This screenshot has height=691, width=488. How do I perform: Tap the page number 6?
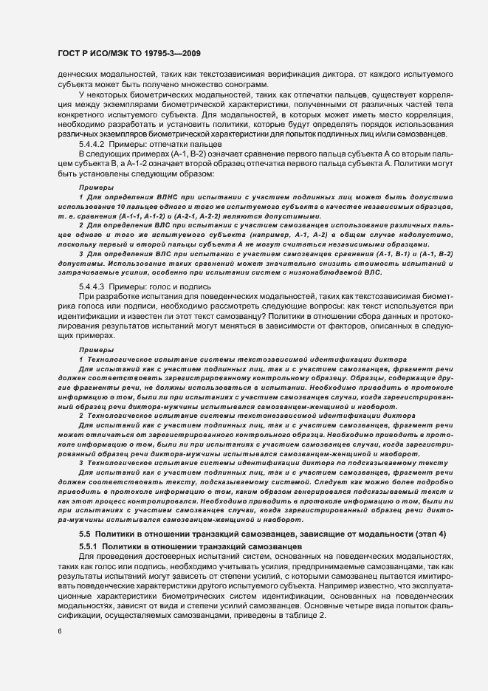(59, 631)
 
